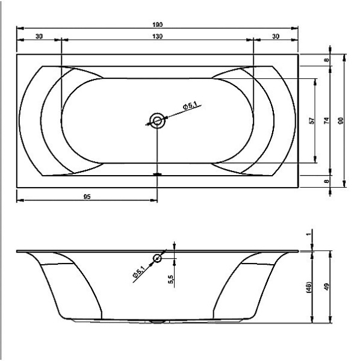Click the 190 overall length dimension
158,24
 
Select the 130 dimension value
158,37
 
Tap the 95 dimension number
87,197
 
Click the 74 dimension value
326,120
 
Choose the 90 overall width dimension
341,120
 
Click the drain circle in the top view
158,120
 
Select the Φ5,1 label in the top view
192,106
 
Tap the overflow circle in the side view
158,259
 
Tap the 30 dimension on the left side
39,37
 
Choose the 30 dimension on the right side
276,37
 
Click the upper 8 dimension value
327,60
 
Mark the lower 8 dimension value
327,180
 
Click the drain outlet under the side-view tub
158,322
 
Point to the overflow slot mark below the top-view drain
158,174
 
